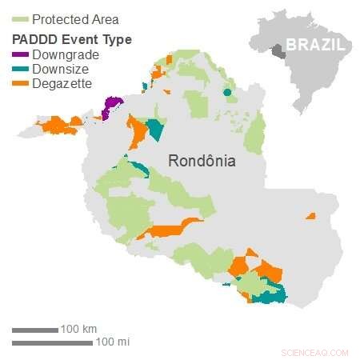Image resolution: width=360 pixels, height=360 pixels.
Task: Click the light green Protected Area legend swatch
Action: click(19, 19)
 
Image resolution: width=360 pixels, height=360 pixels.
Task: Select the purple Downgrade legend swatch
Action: click(19, 55)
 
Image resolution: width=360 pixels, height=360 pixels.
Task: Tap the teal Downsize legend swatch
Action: click(19, 70)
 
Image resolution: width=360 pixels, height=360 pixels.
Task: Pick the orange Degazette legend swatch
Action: click(19, 84)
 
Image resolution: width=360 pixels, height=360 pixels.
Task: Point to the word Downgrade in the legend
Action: click(66, 54)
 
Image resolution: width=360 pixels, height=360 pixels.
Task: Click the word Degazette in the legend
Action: click(62, 83)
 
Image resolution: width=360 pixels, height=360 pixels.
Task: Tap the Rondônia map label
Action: click(202, 161)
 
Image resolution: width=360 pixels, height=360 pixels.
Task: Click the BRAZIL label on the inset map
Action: click(315, 45)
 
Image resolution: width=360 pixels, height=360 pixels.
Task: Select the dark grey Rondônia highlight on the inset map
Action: click(278, 51)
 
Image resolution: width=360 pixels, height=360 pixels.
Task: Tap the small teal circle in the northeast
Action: click(227, 93)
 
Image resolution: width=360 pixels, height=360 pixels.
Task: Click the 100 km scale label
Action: click(78, 329)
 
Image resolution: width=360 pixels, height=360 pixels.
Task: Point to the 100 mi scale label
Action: click(112, 342)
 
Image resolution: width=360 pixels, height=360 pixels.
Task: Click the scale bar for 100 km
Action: click(34, 330)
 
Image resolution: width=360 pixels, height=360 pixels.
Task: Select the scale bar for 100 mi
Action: click(52, 343)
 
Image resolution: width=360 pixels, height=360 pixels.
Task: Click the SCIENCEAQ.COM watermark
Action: click(315, 352)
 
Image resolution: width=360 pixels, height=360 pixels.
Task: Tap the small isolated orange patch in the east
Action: click(310, 216)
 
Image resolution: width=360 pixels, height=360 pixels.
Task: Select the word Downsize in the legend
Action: click(61, 69)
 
